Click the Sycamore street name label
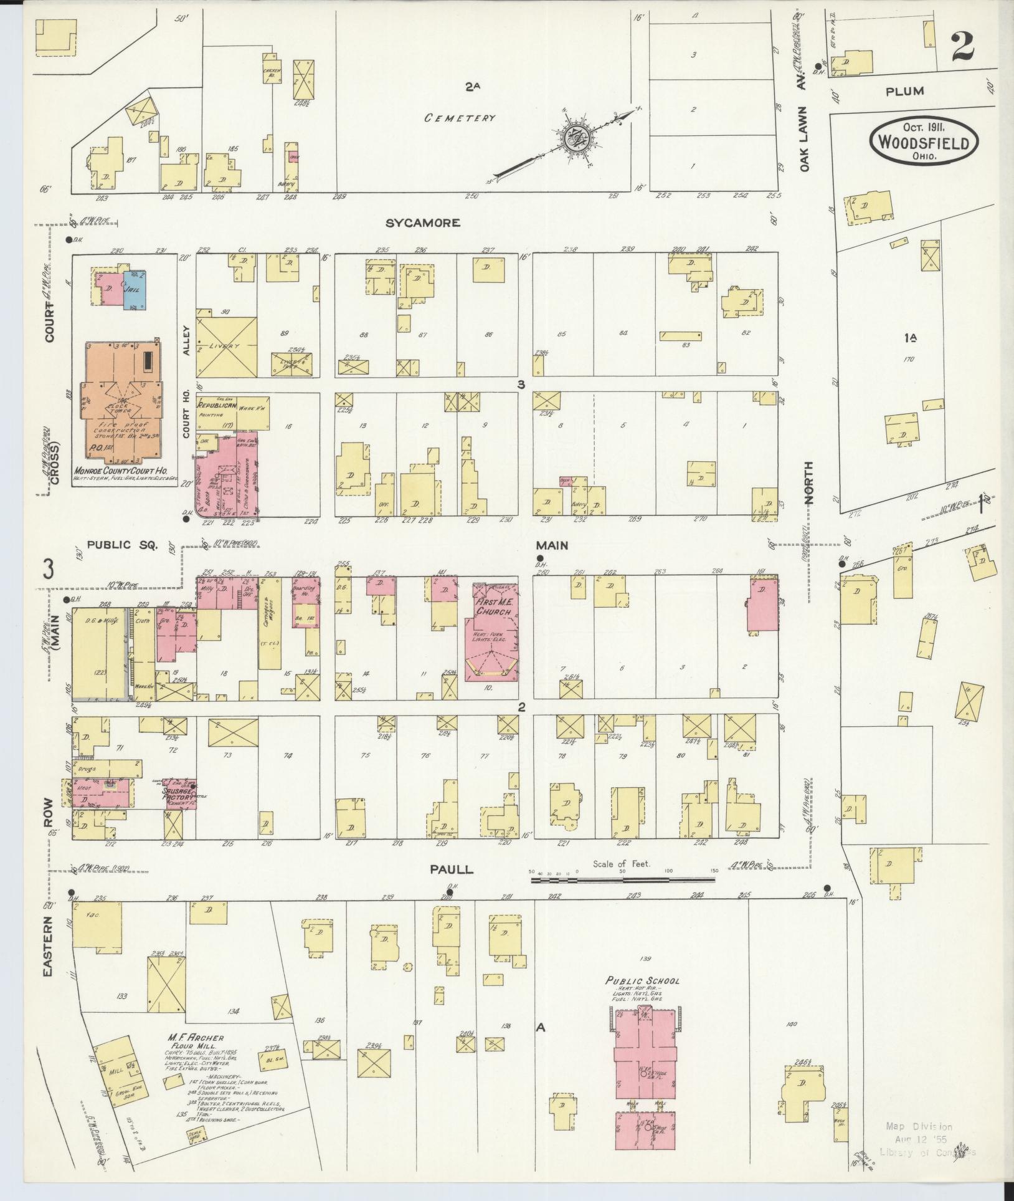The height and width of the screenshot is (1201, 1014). (422, 222)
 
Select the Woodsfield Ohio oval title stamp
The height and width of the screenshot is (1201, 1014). (924, 142)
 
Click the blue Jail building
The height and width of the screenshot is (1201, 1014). (134, 290)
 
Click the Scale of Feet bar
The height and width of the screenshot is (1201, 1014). (622, 880)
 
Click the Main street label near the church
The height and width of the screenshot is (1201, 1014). (552, 545)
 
